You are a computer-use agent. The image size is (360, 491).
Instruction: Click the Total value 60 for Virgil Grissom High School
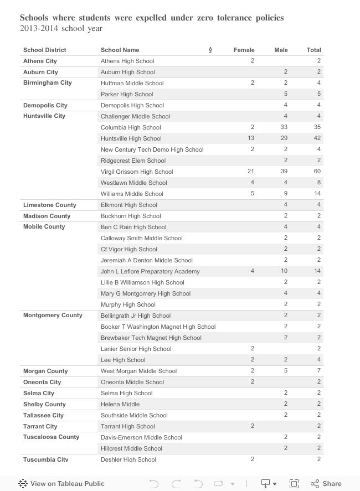tap(317, 172)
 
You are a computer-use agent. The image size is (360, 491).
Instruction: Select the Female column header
tap(244, 50)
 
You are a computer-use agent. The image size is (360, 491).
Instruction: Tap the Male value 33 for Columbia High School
tap(284, 127)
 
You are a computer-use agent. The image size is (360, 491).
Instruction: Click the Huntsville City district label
tap(44, 116)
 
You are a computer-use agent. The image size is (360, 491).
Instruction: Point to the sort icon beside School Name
tap(210, 50)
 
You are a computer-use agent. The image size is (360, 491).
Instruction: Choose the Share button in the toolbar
tap(326, 483)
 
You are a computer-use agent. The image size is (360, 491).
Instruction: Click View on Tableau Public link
tap(53, 483)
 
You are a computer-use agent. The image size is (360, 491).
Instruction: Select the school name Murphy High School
tap(128, 304)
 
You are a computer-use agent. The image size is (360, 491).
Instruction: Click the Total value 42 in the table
tap(317, 138)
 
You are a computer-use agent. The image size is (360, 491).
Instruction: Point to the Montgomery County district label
tap(53, 316)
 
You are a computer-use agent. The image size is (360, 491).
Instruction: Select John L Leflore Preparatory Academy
tap(150, 271)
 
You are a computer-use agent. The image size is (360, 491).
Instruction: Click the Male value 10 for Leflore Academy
tap(284, 271)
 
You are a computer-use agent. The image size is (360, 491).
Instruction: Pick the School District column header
tap(44, 50)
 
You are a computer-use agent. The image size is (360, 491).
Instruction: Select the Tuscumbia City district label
tap(45, 459)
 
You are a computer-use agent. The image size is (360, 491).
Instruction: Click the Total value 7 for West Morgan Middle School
tap(319, 371)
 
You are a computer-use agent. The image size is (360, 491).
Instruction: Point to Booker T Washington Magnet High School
tap(158, 327)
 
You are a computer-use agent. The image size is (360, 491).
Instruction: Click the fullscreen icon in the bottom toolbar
tap(294, 483)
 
